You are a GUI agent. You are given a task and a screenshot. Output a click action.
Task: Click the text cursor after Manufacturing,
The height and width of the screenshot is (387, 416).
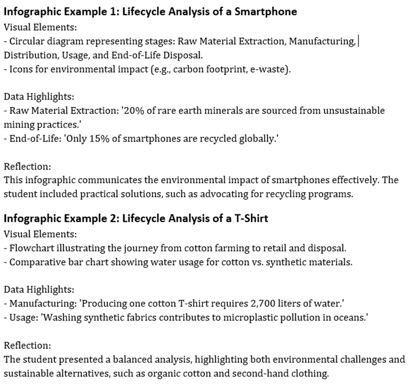click(x=358, y=42)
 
